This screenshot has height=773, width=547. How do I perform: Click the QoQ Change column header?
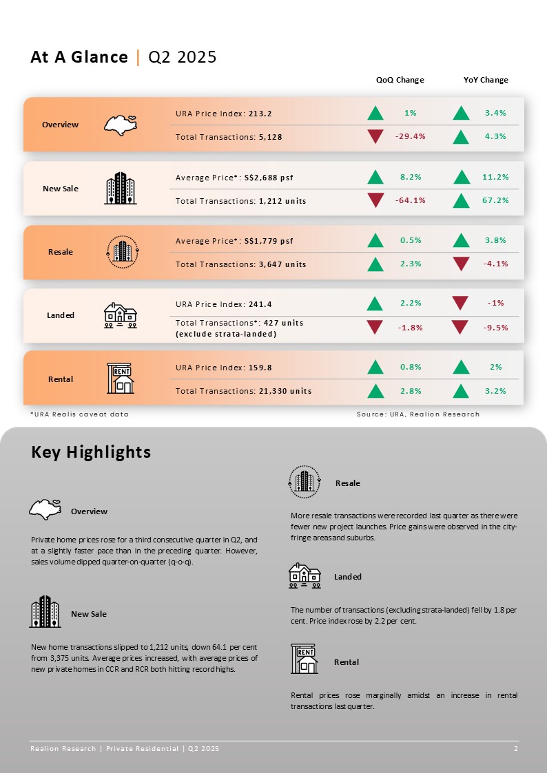[400, 80]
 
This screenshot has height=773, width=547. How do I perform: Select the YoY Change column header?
[486, 80]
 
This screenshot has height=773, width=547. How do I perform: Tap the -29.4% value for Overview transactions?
[411, 136]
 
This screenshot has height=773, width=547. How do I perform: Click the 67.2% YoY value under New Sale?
[495, 200]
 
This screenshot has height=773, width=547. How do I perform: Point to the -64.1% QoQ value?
[411, 200]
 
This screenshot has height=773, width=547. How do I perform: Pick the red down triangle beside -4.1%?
[461, 264]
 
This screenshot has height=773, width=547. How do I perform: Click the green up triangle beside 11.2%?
[462, 177]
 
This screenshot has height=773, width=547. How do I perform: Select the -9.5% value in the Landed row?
[495, 328]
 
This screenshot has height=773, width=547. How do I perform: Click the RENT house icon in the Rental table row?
[121, 379]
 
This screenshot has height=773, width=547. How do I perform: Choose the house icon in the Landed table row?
[121, 315]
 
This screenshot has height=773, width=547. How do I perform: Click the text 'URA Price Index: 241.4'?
[224, 304]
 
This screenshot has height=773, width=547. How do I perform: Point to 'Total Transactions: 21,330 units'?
[244, 391]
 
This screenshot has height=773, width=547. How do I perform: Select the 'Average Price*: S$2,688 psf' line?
[234, 178]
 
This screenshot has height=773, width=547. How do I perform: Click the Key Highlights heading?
[91, 452]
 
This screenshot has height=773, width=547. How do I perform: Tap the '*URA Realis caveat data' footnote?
[79, 414]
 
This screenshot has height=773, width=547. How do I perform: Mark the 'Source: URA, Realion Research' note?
[418, 414]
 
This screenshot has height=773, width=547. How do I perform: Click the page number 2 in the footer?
[516, 748]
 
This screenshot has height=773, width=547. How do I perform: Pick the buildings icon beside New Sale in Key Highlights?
[45, 611]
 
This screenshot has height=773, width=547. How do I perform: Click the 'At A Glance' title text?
[79, 57]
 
